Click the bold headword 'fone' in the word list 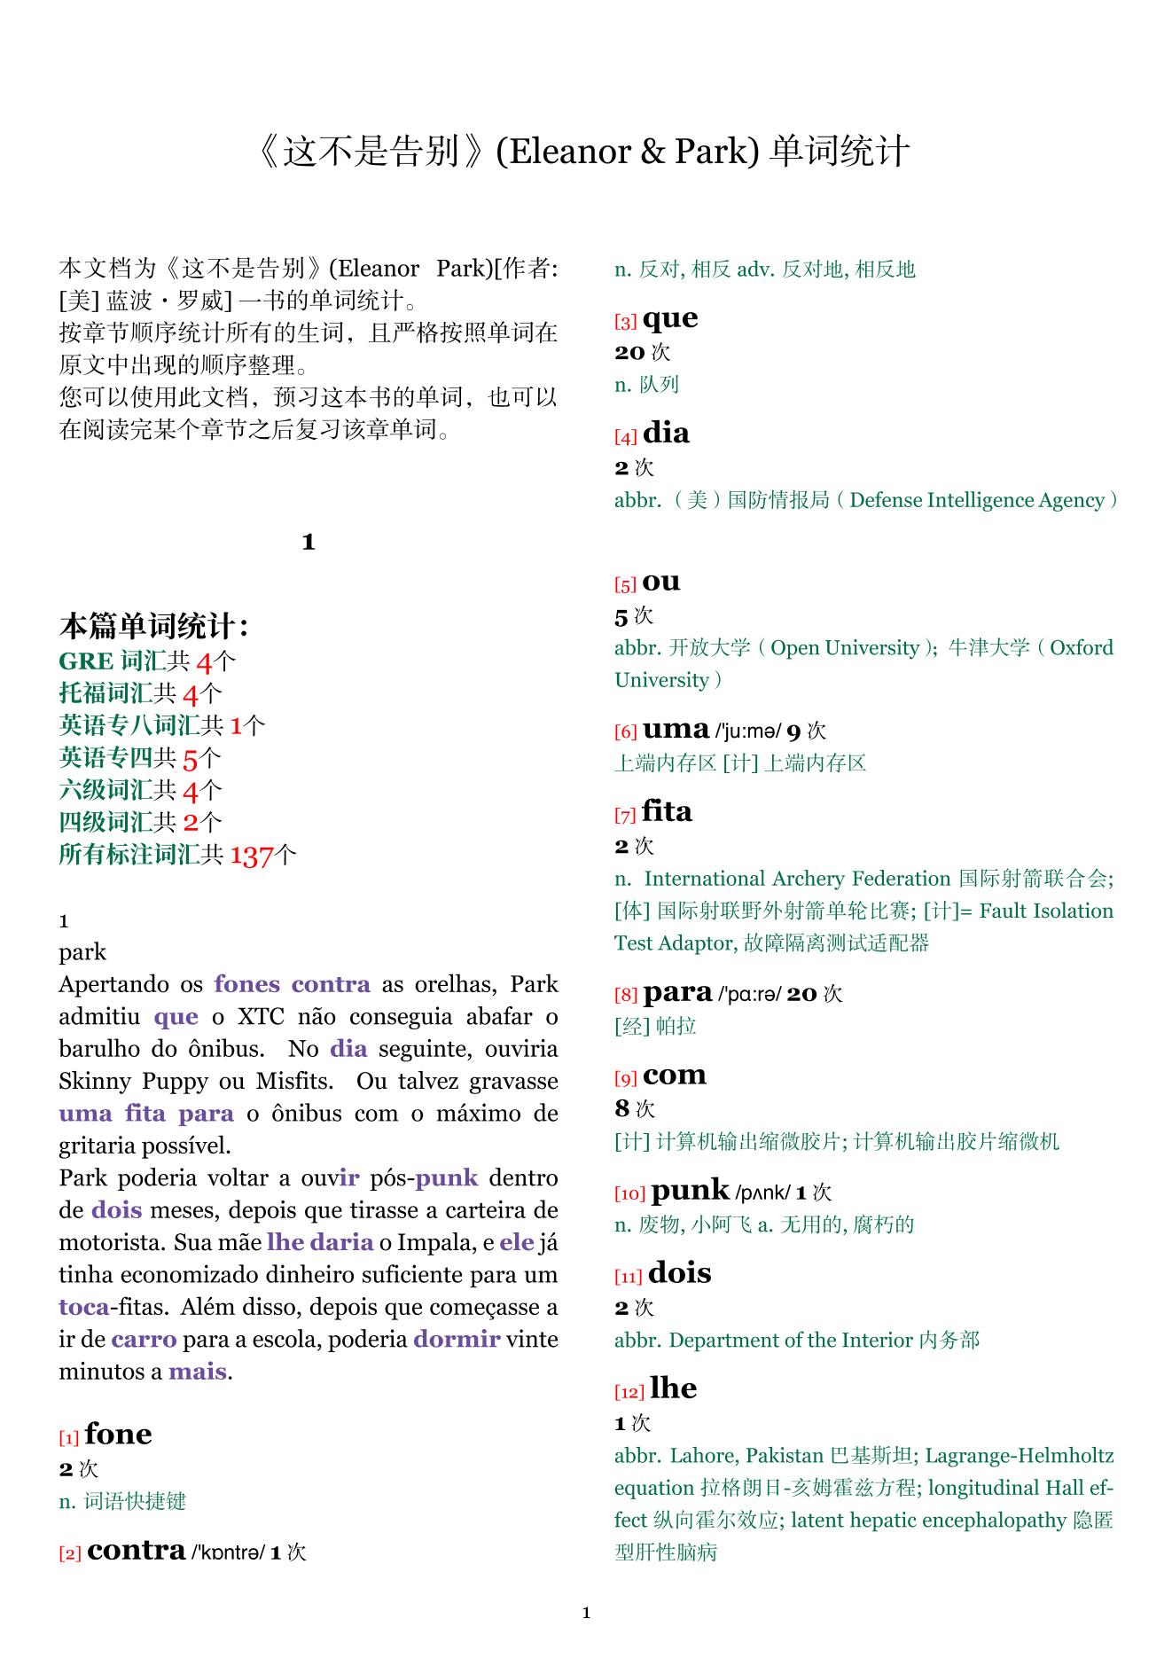(118, 1435)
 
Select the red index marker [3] (626, 323)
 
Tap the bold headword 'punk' (690, 1190)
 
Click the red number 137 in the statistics (251, 856)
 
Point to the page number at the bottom (586, 1612)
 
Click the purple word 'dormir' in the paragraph (457, 1339)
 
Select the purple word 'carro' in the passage (144, 1339)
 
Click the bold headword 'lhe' (673, 1388)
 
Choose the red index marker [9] (626, 1079)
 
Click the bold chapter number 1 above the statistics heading (309, 542)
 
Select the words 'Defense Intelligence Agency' (976, 500)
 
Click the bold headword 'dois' (679, 1273)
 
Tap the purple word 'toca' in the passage (84, 1307)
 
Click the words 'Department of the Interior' (791, 1340)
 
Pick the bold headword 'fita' (667, 811)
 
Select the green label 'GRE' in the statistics (86, 661)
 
